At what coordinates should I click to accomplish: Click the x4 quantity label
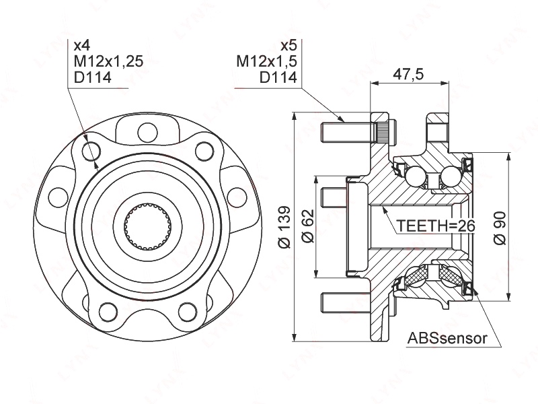(81, 46)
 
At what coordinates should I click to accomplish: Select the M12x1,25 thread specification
(108, 62)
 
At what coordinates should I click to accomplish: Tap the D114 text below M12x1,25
(92, 78)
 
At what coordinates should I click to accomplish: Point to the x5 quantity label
(288, 46)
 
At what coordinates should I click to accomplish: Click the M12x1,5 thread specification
(266, 62)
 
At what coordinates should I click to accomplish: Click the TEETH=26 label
(435, 226)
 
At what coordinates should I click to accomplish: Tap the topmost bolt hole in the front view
(143, 131)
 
